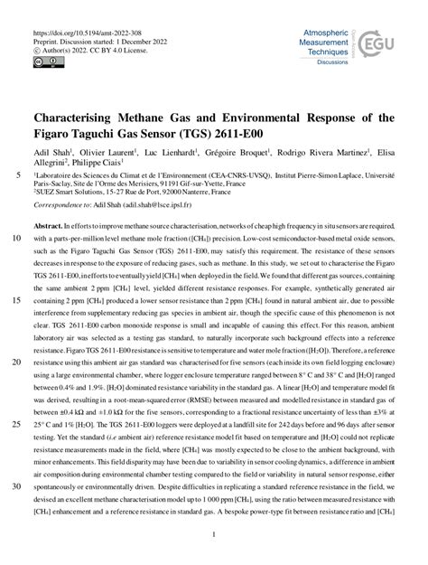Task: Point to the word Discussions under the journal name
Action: point(331,63)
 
